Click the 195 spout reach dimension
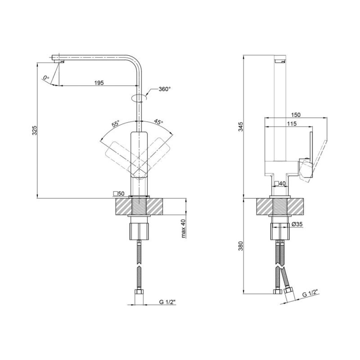(x=99, y=83)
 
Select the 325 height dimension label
(x=34, y=130)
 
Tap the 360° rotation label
(x=165, y=89)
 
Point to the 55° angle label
(x=116, y=124)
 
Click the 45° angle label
(x=158, y=122)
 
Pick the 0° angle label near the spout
(x=46, y=78)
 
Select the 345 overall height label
(x=240, y=127)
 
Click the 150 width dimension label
(x=296, y=114)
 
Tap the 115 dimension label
(x=292, y=123)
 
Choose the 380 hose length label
(x=240, y=246)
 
